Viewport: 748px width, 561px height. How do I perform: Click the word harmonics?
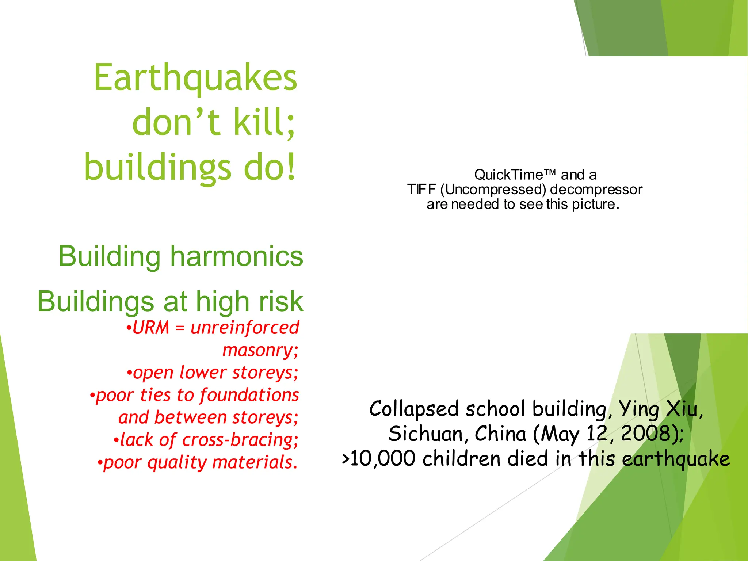[x=237, y=256]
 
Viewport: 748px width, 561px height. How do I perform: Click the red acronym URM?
[x=151, y=328]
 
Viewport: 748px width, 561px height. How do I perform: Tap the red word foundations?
[x=249, y=395]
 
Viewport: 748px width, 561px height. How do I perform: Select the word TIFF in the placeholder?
[x=422, y=190]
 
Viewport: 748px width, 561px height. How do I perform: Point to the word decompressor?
[x=596, y=190]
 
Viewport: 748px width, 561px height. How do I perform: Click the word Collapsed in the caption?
[x=413, y=409]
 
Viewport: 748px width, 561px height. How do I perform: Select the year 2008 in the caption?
[x=645, y=434]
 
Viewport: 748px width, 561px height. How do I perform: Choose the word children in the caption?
[x=461, y=459]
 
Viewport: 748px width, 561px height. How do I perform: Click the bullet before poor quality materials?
[x=100, y=463]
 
